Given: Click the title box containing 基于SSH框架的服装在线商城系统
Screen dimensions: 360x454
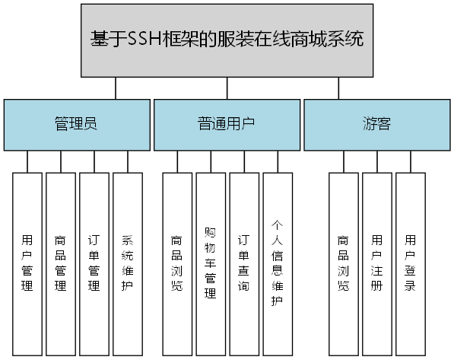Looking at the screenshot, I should [227, 40].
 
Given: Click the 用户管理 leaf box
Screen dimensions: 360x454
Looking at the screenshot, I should [27, 264].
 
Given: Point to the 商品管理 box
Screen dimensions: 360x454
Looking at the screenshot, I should [61, 264].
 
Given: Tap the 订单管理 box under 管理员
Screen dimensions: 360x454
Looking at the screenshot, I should [94, 264].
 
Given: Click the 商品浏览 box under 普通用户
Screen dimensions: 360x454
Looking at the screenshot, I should [177, 264].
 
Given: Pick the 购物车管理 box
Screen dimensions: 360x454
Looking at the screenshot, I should [211, 264].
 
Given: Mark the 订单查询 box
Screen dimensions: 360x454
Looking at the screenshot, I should [244, 264].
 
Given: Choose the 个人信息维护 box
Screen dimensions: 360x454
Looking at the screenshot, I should [278, 264].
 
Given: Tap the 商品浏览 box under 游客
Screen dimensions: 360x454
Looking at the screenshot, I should [343, 264].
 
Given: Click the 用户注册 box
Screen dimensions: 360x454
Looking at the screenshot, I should [376, 264].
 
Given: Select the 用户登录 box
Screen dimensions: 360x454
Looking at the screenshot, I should [410, 264].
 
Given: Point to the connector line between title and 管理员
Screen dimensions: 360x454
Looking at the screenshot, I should [116, 88].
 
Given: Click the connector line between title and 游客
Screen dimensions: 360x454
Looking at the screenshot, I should [338, 88].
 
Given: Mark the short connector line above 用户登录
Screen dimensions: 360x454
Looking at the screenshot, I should [411, 161].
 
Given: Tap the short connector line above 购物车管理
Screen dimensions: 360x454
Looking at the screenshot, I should [211, 161].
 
